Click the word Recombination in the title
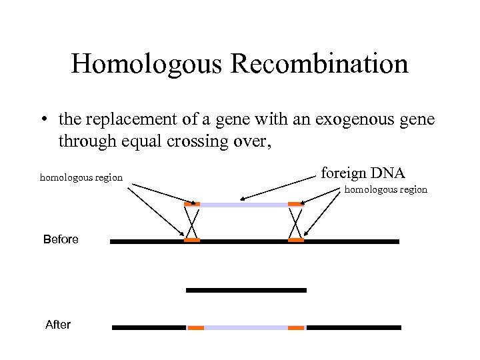pyautogui.click(x=321, y=65)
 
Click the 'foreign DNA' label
pyautogui.click(x=363, y=173)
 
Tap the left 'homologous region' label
pyautogui.click(x=81, y=177)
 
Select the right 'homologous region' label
pyautogui.click(x=385, y=190)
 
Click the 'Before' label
pyautogui.click(x=61, y=239)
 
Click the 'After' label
pyautogui.click(x=58, y=325)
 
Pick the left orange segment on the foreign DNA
pyautogui.click(x=192, y=204)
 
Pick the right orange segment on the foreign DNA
pyautogui.click(x=295, y=204)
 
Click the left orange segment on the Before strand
pyautogui.click(x=192, y=240)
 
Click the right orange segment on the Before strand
pyautogui.click(x=295, y=240)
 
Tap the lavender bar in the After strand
pyautogui.click(x=245, y=328)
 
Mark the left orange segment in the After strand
pyautogui.click(x=195, y=328)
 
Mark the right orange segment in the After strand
pyautogui.click(x=296, y=328)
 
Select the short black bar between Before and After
pyautogui.click(x=246, y=290)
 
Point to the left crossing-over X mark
pyautogui.click(x=192, y=222)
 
